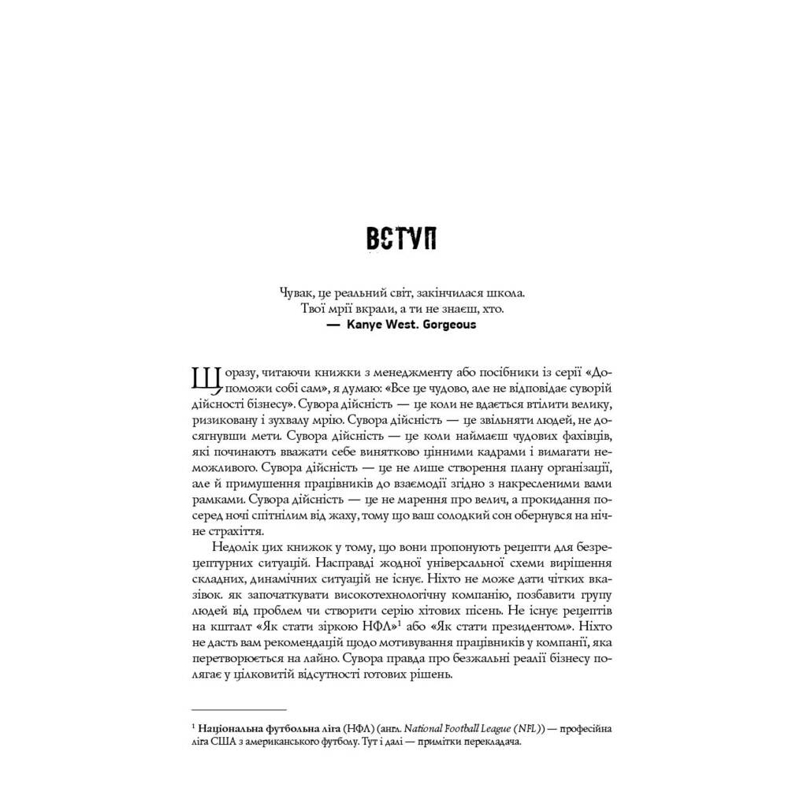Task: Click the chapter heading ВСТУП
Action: [x=402, y=239]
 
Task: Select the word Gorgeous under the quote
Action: [x=449, y=324]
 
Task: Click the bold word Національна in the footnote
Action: [x=235, y=729]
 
